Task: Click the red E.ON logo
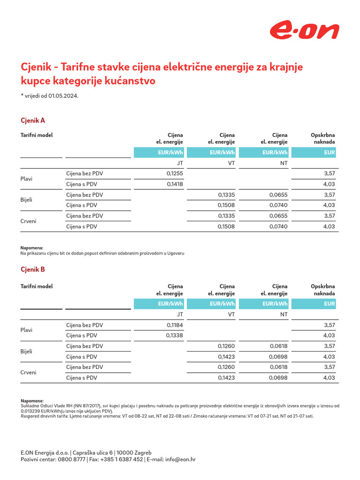[304, 31]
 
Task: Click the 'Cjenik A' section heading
[33, 120]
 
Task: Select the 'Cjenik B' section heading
[33, 270]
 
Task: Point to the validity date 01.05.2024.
[63, 96]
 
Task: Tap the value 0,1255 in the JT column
[174, 173]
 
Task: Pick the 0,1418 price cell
[174, 184]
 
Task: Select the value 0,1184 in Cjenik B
[174, 325]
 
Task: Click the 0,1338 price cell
[174, 336]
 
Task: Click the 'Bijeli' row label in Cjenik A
[27, 200]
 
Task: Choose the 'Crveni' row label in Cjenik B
[28, 373]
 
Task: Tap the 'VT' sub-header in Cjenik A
[231, 163]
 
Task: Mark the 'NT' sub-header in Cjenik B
[284, 315]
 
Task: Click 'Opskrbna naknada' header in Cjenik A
[323, 138]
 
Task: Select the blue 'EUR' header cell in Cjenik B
[313, 304]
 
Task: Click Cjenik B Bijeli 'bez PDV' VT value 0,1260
[226, 346]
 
